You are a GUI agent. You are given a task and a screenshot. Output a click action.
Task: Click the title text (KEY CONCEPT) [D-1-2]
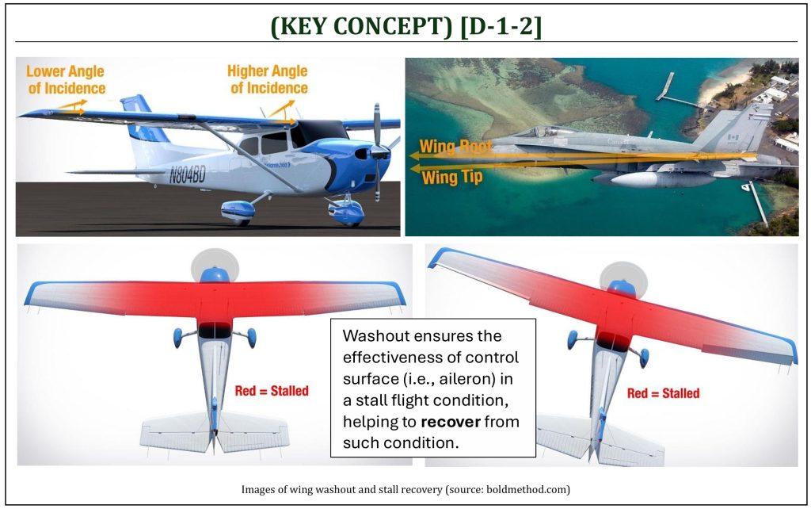(x=406, y=25)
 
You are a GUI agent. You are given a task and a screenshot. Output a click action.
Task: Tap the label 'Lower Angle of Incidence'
(x=67, y=80)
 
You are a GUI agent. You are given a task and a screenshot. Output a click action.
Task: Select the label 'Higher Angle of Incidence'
(x=268, y=79)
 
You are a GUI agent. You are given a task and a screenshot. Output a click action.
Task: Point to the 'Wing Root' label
(x=455, y=147)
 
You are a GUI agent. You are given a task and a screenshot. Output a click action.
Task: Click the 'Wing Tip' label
(x=452, y=177)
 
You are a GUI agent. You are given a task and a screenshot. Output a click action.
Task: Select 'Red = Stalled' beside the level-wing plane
(x=272, y=390)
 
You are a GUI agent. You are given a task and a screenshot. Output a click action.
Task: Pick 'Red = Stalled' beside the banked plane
(x=663, y=393)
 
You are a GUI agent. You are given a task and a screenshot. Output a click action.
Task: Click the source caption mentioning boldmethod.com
(x=405, y=489)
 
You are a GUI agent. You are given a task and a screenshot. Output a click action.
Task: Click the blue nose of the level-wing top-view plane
(x=214, y=274)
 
